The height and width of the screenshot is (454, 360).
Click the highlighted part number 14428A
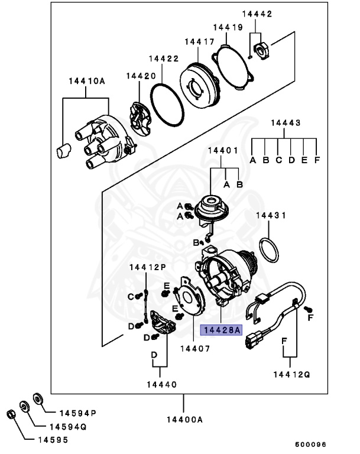coord(221,331)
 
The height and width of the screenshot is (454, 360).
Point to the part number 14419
coord(228,28)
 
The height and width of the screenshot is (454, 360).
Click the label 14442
coord(257,14)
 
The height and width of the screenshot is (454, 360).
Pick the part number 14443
coord(286,123)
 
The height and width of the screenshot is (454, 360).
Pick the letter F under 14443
coord(317,160)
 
